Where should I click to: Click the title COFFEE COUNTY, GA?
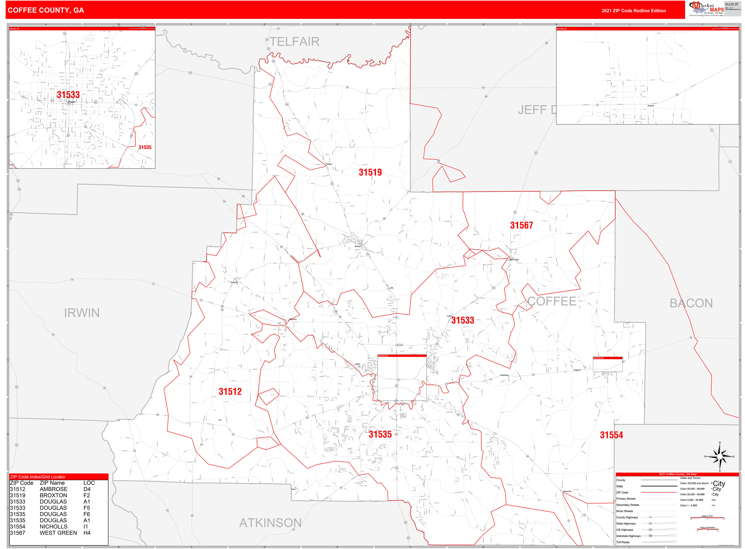click(46, 10)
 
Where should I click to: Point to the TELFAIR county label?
click(294, 42)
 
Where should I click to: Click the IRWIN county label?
click(82, 313)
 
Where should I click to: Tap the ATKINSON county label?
click(270, 523)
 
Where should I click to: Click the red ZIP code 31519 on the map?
click(370, 173)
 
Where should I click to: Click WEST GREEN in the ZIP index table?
click(58, 533)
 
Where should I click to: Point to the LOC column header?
click(89, 483)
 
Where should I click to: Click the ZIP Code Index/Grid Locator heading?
click(38, 477)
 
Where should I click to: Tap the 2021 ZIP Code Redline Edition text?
click(634, 11)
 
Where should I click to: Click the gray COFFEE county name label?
click(552, 301)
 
